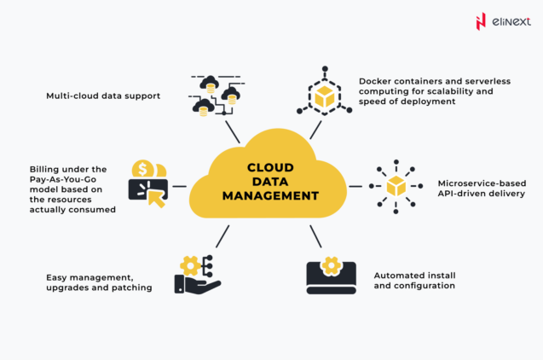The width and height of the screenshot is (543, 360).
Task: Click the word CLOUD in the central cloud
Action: click(269, 168)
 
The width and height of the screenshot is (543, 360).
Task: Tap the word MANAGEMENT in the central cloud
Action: click(270, 195)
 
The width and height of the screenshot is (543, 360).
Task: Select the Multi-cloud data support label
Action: click(103, 96)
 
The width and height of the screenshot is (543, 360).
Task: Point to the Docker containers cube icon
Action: click(325, 96)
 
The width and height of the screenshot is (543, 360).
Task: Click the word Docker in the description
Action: click(376, 80)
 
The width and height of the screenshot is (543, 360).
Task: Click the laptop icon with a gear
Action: click(331, 276)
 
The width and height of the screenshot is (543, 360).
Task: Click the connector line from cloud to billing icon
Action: click(180, 185)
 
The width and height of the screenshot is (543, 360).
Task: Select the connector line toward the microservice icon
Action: click(355, 186)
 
